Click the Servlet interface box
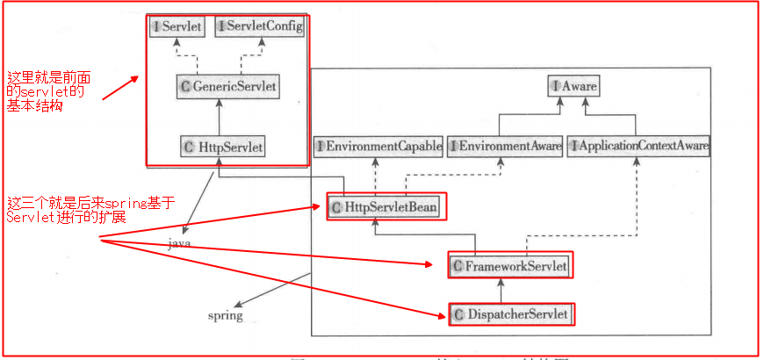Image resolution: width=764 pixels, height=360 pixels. (178, 27)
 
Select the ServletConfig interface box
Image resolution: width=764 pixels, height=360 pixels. (260, 27)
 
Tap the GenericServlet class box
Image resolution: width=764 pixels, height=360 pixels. (227, 86)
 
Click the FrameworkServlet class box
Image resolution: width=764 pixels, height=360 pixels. (509, 265)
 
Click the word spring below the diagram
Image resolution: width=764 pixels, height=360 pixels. (225, 315)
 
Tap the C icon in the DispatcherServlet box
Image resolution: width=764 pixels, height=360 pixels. (458, 313)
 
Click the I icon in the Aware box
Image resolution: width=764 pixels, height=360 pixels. (556, 86)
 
